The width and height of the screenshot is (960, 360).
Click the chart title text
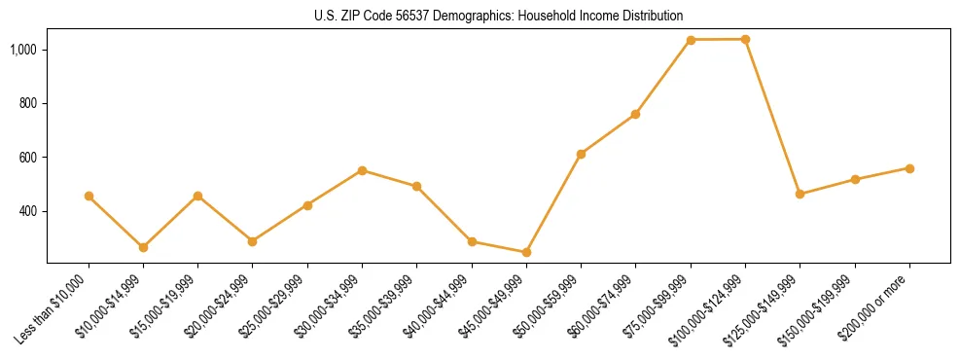coord(498,16)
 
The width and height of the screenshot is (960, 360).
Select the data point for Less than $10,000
coord(89,196)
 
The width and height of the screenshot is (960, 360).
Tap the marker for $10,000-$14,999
coord(143,247)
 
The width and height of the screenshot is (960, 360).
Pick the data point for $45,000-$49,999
coord(526,252)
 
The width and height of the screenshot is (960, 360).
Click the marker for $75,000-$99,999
coord(691,40)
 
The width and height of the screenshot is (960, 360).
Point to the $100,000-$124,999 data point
coord(745,39)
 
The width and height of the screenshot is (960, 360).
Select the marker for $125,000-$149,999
coord(800,194)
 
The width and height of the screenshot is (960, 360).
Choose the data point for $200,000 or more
coord(909,168)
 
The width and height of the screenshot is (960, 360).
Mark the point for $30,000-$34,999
coord(362,170)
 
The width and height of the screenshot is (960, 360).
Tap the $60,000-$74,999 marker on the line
coord(635,114)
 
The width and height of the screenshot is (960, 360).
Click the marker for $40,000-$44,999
coord(472,241)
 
